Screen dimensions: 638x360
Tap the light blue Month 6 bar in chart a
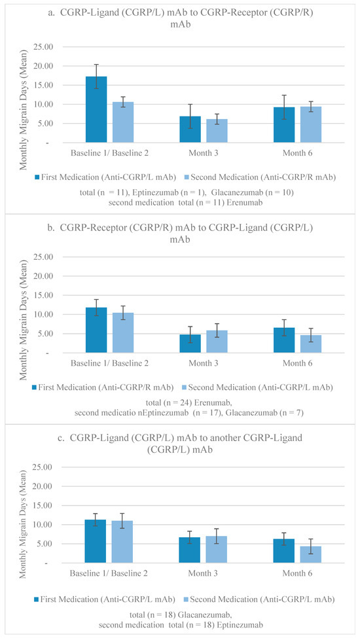(x=311, y=124)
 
